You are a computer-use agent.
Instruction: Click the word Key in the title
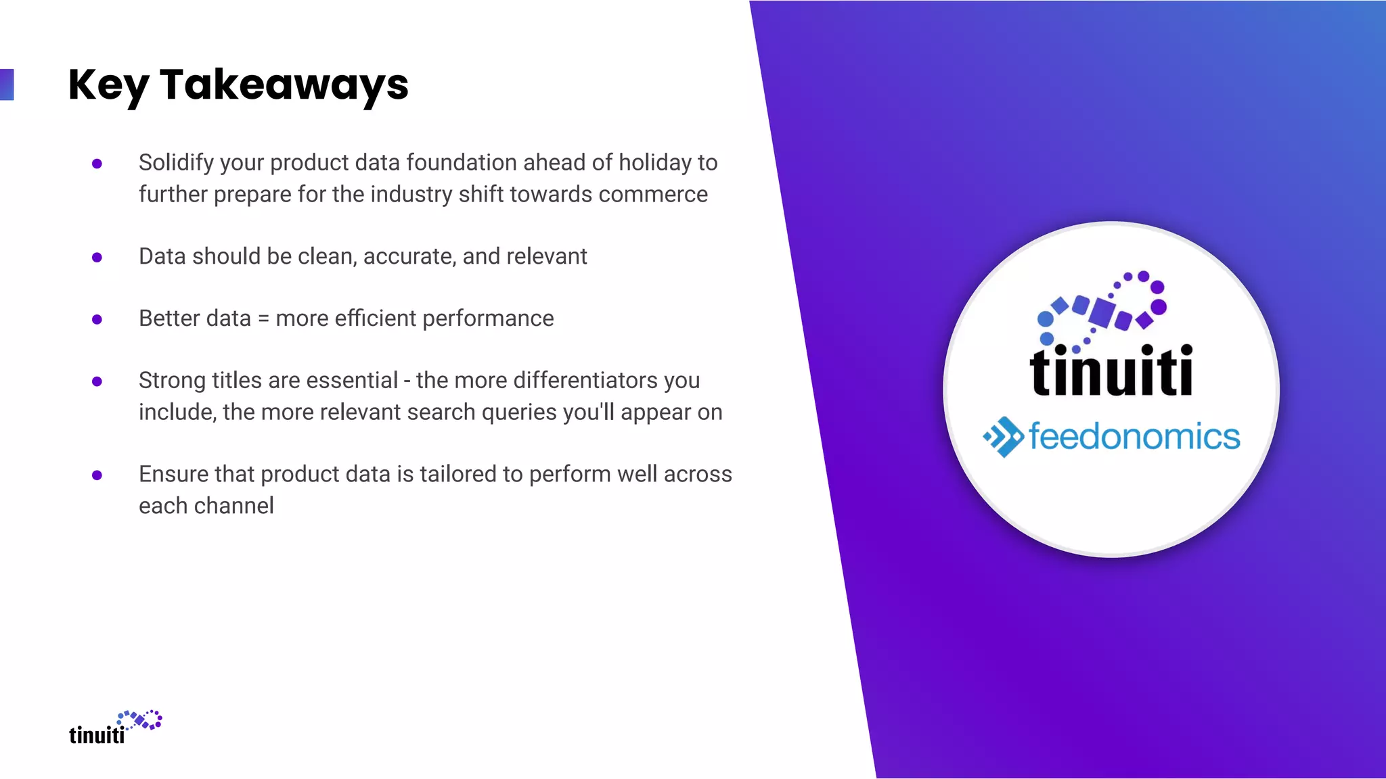[108, 85]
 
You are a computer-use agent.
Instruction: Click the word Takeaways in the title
[284, 85]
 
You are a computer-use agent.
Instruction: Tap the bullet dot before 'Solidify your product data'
[97, 164]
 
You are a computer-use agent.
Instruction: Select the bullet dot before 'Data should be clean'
[97, 258]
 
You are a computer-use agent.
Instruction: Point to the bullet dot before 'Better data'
[97, 319]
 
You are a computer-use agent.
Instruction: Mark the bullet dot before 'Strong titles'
[97, 381]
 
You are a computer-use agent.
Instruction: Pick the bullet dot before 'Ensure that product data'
[97, 475]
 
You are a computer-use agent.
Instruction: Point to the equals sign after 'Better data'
[263, 319]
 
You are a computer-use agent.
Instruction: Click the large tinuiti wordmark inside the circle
[1111, 371]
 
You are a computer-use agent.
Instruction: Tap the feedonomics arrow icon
[1003, 437]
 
